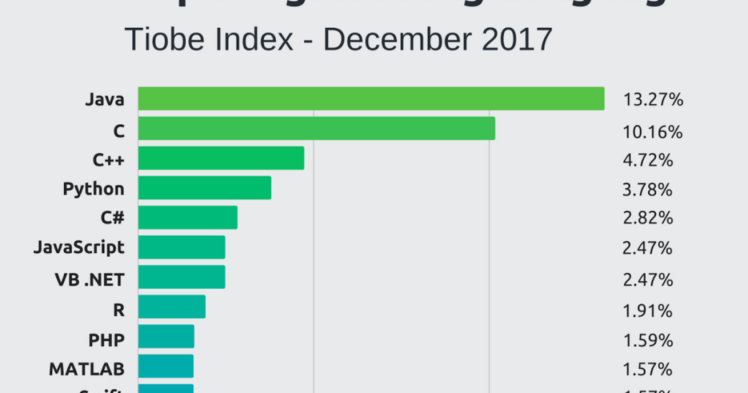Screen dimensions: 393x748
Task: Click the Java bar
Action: pyautogui.click(x=371, y=99)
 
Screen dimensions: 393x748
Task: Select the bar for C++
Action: pyautogui.click(x=221, y=158)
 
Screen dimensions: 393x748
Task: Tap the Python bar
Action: pyautogui.click(x=204, y=188)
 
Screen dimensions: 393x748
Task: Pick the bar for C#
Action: pyautogui.click(x=188, y=218)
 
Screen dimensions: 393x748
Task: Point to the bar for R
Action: pyautogui.click(x=171, y=307)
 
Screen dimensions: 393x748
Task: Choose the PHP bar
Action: pyautogui.click(x=166, y=337)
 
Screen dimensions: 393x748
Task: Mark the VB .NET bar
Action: pyautogui.click(x=181, y=277)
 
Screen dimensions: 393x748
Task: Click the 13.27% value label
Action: pyautogui.click(x=653, y=100)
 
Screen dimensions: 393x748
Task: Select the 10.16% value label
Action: pyautogui.click(x=653, y=132)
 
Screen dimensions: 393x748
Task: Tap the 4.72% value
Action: pyautogui.click(x=648, y=160)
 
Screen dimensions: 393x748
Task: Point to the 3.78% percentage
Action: pyautogui.click(x=648, y=190)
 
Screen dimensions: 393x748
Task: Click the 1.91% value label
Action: pyautogui.click(x=648, y=311)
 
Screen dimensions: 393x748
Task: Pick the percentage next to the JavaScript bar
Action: pyautogui.click(x=648, y=248)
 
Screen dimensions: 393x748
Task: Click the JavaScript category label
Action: pyautogui.click(x=79, y=248)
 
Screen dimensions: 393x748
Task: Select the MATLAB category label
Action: pyautogui.click(x=87, y=369)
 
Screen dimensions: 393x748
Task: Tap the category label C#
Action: pyautogui.click(x=112, y=218)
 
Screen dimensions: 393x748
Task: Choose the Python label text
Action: pyautogui.click(x=93, y=188)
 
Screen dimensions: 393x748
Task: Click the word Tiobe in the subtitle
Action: pyautogui.click(x=163, y=41)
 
